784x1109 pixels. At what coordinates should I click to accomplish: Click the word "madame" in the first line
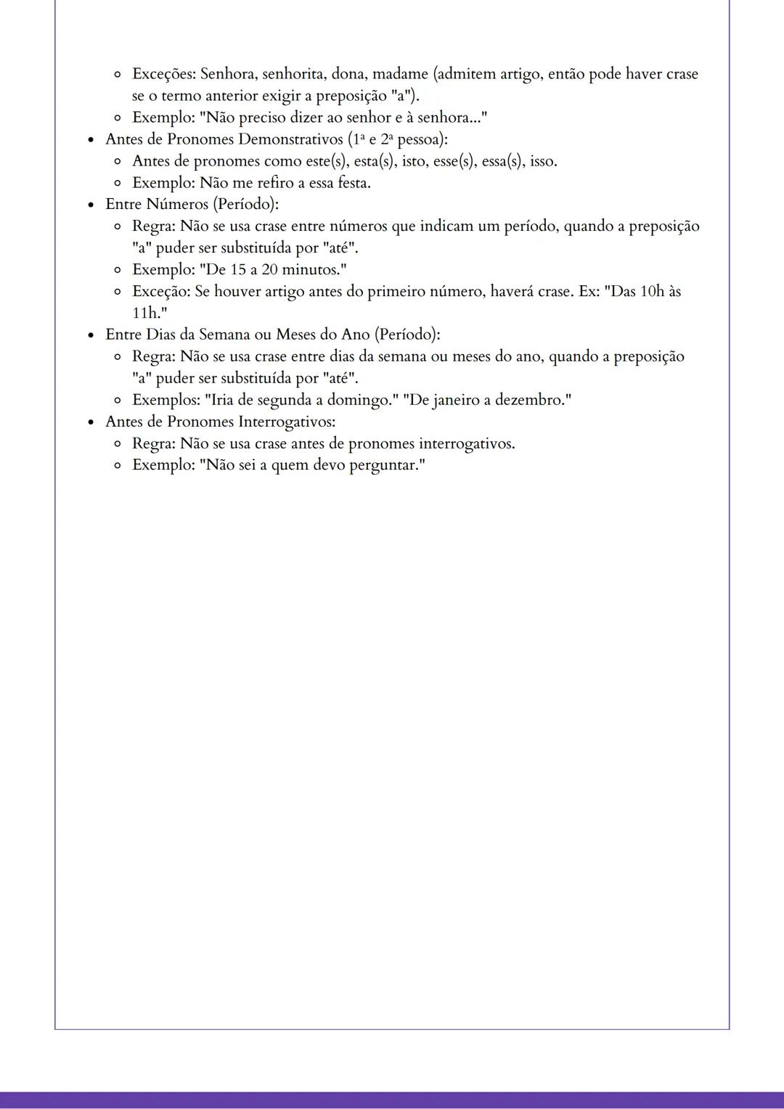pyautogui.click(x=400, y=74)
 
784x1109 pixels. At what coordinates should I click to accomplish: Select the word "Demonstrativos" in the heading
pyautogui.click(x=291, y=139)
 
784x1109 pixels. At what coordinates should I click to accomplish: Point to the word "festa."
pyautogui.click(x=354, y=183)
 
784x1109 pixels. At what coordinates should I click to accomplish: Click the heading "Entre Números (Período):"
pyautogui.click(x=192, y=205)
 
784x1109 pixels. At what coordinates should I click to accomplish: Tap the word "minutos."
pyautogui.click(x=313, y=270)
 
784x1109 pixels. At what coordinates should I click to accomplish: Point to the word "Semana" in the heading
pyautogui.click(x=221, y=335)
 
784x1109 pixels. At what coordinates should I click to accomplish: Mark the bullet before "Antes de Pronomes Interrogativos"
pyautogui.click(x=91, y=422)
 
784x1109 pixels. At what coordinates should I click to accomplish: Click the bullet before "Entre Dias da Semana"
pyautogui.click(x=91, y=335)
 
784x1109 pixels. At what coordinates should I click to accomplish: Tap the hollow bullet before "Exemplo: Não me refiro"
pyautogui.click(x=118, y=183)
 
